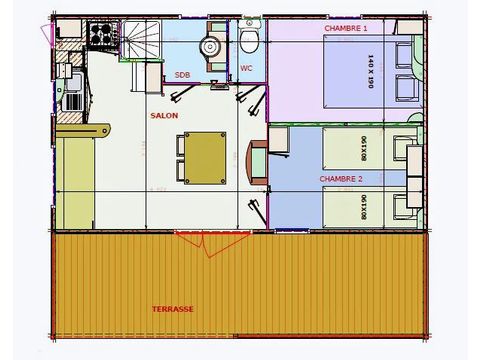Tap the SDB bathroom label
pos(183,75)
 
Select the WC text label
pos(246,68)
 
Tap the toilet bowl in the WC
pos(249,39)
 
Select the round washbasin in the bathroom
pos(210,45)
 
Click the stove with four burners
pos(100,37)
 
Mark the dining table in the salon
pos(205,157)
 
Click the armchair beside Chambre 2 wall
pos(256,158)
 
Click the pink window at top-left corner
pos(45,32)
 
